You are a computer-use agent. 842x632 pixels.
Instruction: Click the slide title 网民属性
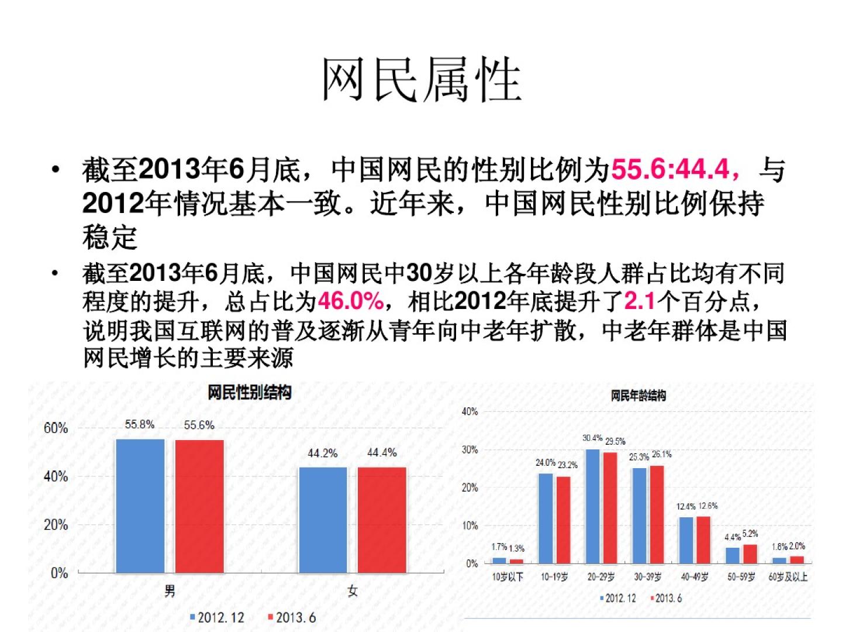coord(421,80)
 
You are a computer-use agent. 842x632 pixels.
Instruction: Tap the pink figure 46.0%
coord(350,301)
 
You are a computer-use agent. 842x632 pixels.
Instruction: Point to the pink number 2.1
coord(640,301)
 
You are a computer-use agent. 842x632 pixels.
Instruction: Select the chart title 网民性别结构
coord(250,392)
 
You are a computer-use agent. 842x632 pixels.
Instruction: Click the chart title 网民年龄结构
coord(638,396)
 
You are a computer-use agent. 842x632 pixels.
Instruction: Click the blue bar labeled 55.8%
coord(140,506)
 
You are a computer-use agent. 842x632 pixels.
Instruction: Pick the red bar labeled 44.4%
coord(382,520)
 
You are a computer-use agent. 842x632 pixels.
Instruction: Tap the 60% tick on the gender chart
coord(56,428)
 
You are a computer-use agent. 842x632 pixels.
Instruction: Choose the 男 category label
coord(170,591)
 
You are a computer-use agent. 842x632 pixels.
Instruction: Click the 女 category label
coord(352,591)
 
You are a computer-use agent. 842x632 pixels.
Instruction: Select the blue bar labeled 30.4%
coord(593,506)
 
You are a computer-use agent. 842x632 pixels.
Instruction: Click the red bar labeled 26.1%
coord(657,514)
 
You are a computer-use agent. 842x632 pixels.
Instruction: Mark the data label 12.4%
coord(686,506)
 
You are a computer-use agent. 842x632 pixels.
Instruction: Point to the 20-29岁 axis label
coord(601,577)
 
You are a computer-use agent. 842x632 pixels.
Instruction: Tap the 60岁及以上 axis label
coord(788,577)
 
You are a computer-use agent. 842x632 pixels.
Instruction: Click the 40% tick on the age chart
coord(470,411)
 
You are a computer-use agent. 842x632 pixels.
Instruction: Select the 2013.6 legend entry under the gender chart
coord(291,617)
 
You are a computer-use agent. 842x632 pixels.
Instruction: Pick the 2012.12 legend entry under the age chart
coord(618,598)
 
